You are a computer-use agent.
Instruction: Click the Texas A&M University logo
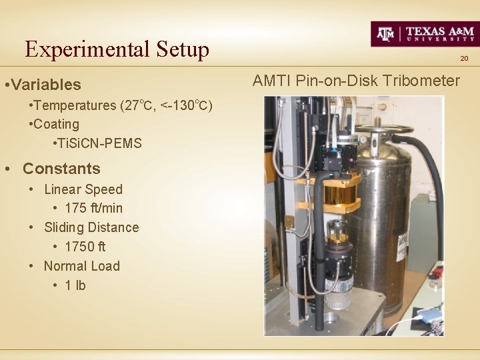click(424, 33)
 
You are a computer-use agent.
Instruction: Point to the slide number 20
click(464, 59)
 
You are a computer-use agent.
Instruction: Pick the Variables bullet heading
click(45, 85)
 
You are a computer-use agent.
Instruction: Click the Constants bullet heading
click(61, 169)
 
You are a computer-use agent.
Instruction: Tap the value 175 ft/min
click(93, 208)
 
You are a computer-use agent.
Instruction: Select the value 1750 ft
click(85, 247)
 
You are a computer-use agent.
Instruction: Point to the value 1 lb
click(75, 285)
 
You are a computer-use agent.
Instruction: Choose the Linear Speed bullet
click(83, 189)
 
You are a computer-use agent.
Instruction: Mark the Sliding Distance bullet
click(91, 227)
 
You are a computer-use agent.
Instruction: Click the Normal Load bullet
click(81, 266)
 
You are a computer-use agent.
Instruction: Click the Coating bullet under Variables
click(56, 124)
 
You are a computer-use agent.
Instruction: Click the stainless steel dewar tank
click(383, 213)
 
